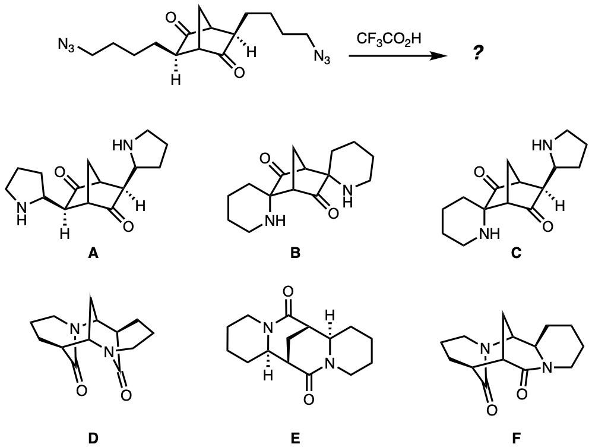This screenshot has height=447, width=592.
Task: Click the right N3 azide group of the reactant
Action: point(322,58)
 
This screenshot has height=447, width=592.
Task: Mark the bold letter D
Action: point(93,439)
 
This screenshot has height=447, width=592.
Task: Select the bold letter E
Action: point(295,439)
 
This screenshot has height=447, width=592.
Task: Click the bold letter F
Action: point(515,439)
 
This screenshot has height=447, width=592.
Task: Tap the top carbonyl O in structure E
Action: point(288,293)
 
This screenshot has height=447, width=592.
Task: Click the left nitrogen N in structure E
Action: point(268,326)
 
